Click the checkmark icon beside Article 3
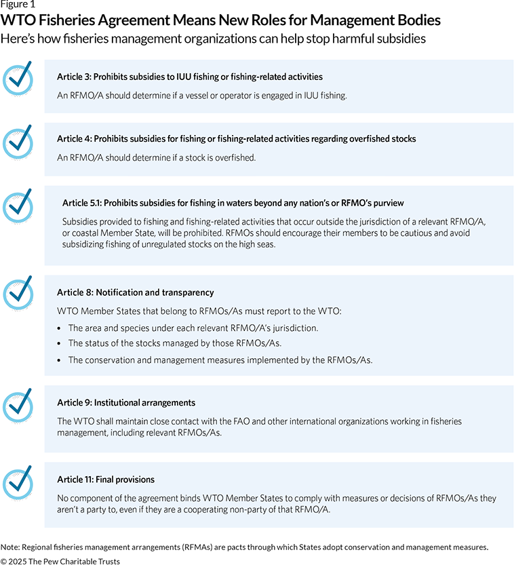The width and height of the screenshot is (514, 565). coord(18,78)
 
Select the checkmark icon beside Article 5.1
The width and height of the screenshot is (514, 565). coord(18,205)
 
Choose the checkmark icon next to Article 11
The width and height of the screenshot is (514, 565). coord(18,482)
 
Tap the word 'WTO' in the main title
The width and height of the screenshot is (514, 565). coord(22,22)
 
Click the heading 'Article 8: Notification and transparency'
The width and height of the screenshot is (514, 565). coord(136,292)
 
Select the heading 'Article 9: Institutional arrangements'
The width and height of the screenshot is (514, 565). coord(126,402)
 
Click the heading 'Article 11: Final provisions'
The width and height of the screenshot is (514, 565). coord(106,480)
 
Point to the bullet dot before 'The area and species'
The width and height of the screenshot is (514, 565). coord(60,328)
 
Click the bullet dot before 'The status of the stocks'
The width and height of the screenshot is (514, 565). coord(60,344)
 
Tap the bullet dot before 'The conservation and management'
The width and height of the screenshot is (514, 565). coord(60,360)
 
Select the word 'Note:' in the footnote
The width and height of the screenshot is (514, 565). coord(10,547)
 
